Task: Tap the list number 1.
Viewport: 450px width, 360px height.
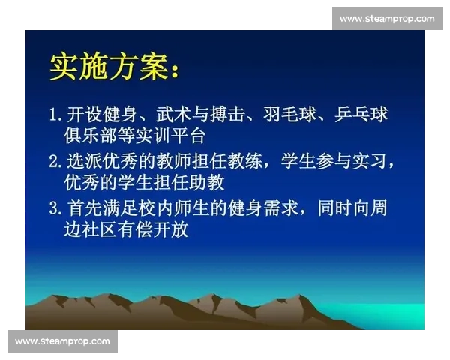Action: click(54, 115)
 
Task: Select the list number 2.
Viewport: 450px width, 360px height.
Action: click(54, 161)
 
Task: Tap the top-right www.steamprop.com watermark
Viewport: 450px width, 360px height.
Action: click(386, 18)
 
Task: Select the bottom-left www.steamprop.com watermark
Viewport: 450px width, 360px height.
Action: click(62, 341)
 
